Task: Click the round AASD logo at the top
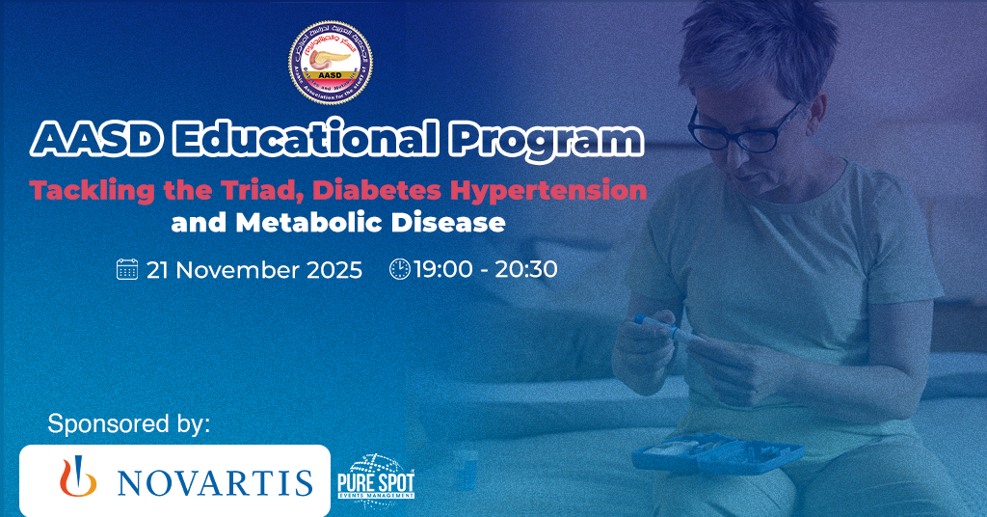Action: (x=331, y=64)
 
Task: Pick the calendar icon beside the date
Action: (x=127, y=269)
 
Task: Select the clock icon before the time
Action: (x=399, y=269)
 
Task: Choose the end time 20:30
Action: (x=526, y=269)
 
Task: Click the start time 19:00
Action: (x=444, y=269)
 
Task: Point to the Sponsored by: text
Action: (x=128, y=423)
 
